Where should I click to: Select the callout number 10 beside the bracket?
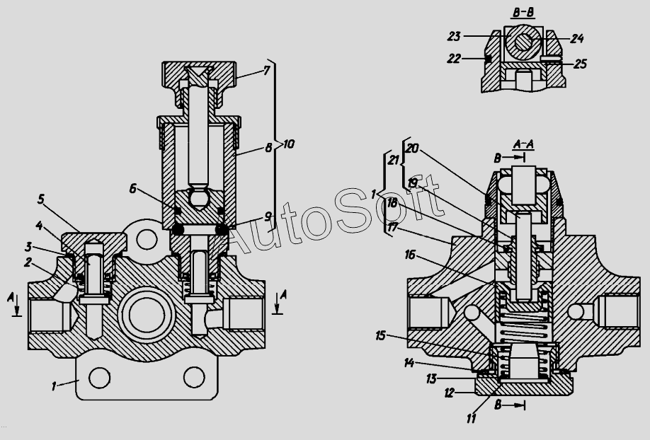(x=288, y=144)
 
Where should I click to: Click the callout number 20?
(x=412, y=148)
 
